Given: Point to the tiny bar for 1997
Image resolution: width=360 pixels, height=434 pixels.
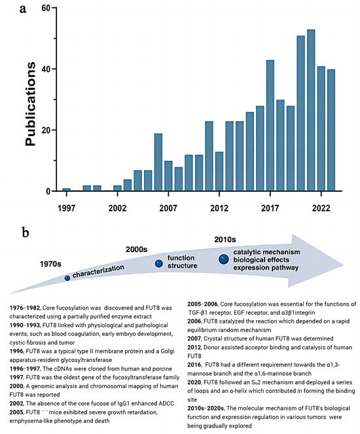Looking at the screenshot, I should point(67,190).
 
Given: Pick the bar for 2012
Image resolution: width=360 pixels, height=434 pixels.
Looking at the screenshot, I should point(219,172).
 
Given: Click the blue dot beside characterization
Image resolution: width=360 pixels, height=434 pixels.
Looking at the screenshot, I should point(67,278).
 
